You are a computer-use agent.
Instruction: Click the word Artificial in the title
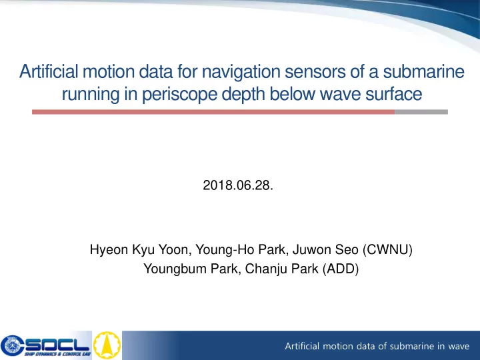(49, 71)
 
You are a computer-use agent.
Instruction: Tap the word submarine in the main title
(424, 71)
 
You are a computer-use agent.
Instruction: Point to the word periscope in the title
(179, 95)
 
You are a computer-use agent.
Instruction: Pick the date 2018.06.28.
(238, 185)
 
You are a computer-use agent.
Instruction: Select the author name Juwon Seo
(325, 249)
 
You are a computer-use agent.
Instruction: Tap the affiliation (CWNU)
(387, 250)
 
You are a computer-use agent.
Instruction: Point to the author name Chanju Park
(281, 269)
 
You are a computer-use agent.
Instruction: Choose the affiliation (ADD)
(341, 269)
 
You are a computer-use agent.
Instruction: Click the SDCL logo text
(57, 345)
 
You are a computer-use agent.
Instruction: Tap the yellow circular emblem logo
(107, 345)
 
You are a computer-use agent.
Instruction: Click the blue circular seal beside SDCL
(11, 345)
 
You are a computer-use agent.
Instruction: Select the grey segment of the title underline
(421, 112)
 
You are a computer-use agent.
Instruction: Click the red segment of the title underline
(213, 112)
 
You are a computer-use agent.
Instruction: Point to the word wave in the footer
(459, 346)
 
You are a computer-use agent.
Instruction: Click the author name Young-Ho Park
(242, 250)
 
